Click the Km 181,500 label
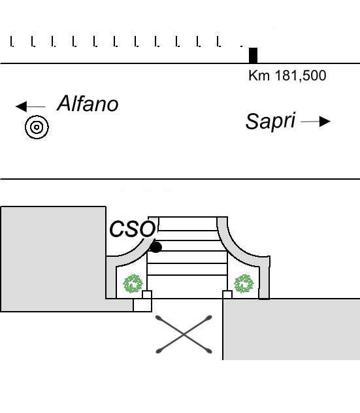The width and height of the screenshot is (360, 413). coord(287,76)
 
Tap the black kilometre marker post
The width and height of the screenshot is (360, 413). coord(253,56)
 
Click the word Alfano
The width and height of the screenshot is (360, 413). coord(88,103)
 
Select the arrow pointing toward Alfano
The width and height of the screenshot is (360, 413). coord(31,107)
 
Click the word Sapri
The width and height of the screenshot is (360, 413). coord(270,122)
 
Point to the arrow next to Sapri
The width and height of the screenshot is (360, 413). coord(316,122)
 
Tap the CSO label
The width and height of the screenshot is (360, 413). coord(133,229)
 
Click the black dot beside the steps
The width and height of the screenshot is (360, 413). coord(155,247)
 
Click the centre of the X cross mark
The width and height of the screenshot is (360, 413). coord(184,335)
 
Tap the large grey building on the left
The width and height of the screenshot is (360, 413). coord(53,259)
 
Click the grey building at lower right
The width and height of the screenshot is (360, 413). coord(291,329)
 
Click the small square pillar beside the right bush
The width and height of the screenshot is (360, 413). coord(227,295)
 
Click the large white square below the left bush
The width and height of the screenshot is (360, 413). coord(142,305)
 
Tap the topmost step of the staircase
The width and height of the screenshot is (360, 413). coord(188,223)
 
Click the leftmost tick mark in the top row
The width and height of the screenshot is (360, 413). coord(12,42)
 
